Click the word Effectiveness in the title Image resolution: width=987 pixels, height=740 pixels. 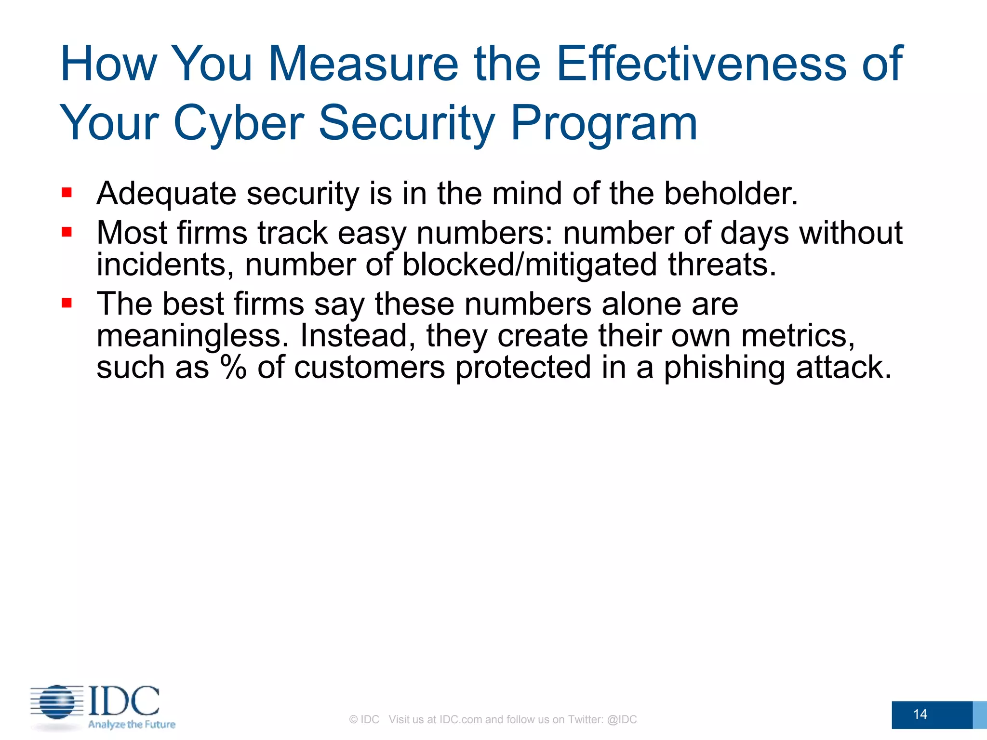(701, 64)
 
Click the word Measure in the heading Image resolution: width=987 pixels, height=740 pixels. (363, 64)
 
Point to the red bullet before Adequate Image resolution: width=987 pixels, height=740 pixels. (67, 193)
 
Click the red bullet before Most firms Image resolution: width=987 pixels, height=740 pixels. (67, 233)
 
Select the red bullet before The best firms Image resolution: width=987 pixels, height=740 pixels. (67, 304)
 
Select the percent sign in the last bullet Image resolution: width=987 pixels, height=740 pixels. (234, 367)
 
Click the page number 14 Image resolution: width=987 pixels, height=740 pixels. (920, 714)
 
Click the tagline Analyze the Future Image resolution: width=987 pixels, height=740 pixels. (132, 724)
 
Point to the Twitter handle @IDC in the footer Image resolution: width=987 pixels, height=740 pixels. (622, 719)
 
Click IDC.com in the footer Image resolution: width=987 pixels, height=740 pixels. (460, 719)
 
